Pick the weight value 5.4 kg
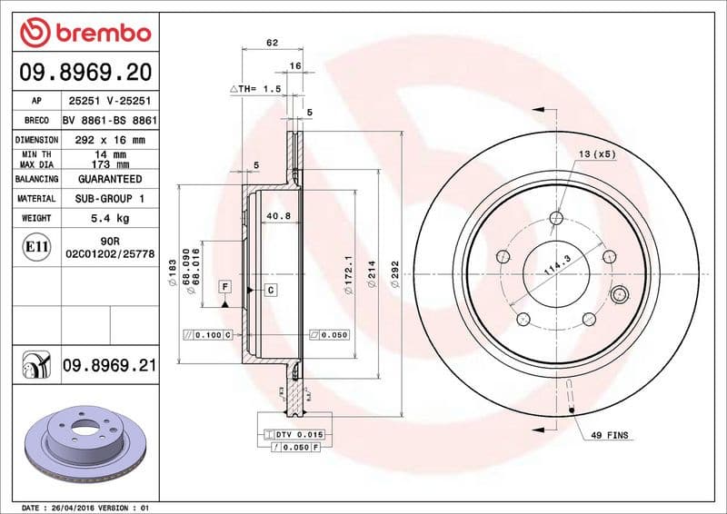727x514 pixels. pyautogui.click(x=109, y=218)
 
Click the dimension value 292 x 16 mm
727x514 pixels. pyautogui.click(x=109, y=140)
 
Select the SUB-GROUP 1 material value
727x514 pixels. pyautogui.click(x=109, y=198)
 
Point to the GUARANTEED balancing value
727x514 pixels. pyautogui.click(x=109, y=180)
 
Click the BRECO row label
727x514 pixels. pyautogui.click(x=36, y=120)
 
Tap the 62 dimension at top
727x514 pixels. pyautogui.click(x=272, y=42)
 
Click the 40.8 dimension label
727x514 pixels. pyautogui.click(x=278, y=216)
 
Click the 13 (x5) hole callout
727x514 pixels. pyautogui.click(x=597, y=154)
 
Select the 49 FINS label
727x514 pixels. pyautogui.click(x=610, y=436)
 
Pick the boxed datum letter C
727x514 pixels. pyautogui.click(x=270, y=290)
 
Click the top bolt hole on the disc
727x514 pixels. pyautogui.click(x=557, y=218)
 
